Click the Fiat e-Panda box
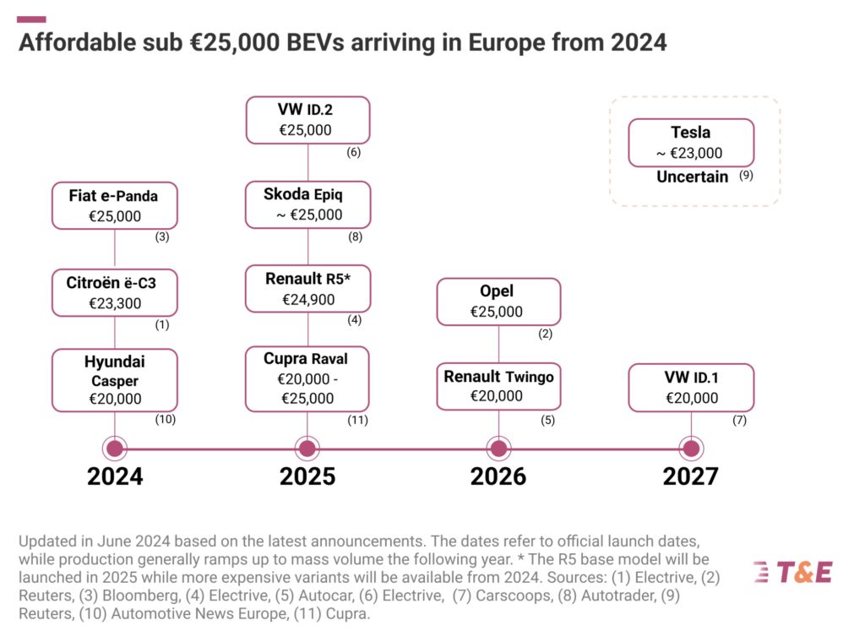[x=115, y=205]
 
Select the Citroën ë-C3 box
[x=115, y=292]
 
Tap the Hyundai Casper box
[x=115, y=380]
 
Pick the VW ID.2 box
[x=307, y=120]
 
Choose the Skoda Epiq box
[x=307, y=204]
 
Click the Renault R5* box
[x=307, y=288]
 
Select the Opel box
[x=498, y=302]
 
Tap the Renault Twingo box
[x=498, y=386]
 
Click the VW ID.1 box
[x=691, y=388]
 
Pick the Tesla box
[x=691, y=142]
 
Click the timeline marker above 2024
[x=115, y=449]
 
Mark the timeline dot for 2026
[x=498, y=449]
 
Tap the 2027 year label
[x=691, y=476]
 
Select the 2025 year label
[x=307, y=476]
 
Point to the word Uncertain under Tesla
[x=692, y=177]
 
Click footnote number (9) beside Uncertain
[x=746, y=177]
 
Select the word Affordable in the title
[x=74, y=42]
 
